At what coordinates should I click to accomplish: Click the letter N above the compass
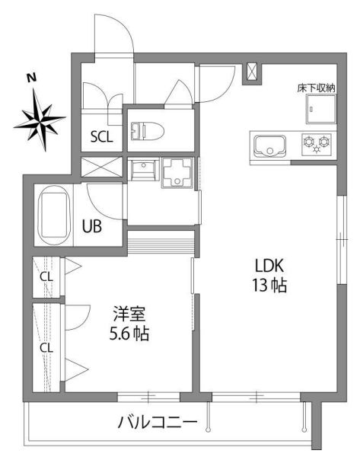pos(31,78)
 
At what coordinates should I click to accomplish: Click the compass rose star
pos(40,120)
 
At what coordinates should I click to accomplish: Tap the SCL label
pos(102,137)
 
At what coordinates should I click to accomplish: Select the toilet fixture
pos(147,130)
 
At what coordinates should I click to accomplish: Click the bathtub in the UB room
pos(55,215)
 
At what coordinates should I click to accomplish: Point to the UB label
pos(92,226)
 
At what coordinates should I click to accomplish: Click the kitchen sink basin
pos(269,146)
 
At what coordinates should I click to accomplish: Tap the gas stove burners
pos(317,143)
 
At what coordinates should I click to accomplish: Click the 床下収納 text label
pos(316,88)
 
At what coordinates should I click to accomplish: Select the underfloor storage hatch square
pos(321,109)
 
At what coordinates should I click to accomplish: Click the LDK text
pos(269,266)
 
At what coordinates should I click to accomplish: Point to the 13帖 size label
pos(269,285)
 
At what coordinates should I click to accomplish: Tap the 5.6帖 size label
pos(129,334)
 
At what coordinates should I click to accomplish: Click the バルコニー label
pos(158,423)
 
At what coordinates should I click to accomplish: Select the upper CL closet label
pos(46,276)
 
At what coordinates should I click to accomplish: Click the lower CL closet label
pos(46,348)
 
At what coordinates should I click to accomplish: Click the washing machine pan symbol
pos(177,173)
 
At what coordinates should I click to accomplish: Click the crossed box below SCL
pos(101,167)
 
